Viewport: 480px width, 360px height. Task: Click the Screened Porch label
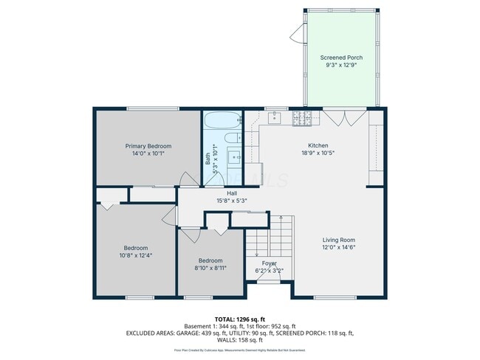pyautogui.click(x=340, y=58)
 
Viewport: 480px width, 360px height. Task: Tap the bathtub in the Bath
pyautogui.click(x=222, y=120)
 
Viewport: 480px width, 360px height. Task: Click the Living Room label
pyautogui.click(x=338, y=240)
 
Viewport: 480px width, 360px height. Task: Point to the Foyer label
pyautogui.click(x=269, y=263)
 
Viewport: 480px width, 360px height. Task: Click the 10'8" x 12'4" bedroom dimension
pyautogui.click(x=136, y=255)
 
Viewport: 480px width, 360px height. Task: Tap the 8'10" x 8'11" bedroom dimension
pyautogui.click(x=210, y=268)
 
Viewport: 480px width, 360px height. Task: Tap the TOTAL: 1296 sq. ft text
pyautogui.click(x=239, y=319)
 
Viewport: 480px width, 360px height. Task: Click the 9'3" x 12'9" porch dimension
pyautogui.click(x=340, y=65)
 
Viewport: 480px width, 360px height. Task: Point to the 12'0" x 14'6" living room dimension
pyautogui.click(x=338, y=247)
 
